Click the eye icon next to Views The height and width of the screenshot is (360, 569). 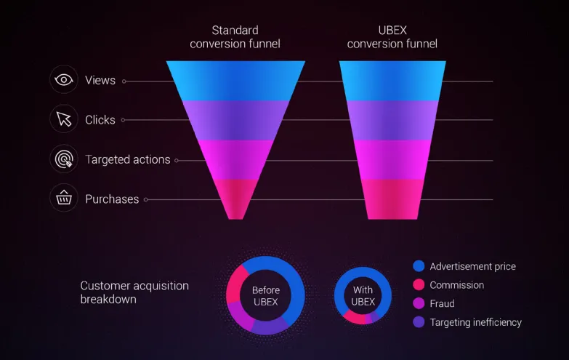click(64, 79)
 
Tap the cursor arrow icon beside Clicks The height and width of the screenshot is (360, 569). click(64, 119)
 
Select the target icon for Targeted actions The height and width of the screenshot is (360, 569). click(64, 159)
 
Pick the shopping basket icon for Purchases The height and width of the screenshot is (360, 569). click(64, 198)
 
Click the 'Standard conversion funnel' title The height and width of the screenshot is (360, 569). click(235, 37)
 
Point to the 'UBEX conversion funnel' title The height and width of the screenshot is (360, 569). click(392, 37)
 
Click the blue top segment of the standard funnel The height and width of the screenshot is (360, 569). click(236, 81)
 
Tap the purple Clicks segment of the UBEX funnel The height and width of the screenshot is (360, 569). click(392, 120)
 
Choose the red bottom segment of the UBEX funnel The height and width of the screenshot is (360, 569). click(392, 199)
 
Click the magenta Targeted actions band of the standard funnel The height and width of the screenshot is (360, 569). click(236, 160)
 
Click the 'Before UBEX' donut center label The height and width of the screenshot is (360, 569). click(266, 296)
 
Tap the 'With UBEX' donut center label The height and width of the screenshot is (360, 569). click(363, 296)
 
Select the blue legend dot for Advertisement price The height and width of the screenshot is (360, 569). click(419, 266)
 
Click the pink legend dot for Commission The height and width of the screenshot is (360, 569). click(419, 285)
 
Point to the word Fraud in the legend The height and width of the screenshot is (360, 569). click(442, 304)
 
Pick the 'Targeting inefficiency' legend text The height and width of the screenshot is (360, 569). click(476, 323)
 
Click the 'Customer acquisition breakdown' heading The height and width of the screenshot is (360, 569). click(134, 292)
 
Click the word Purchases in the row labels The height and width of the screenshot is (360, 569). click(112, 199)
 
